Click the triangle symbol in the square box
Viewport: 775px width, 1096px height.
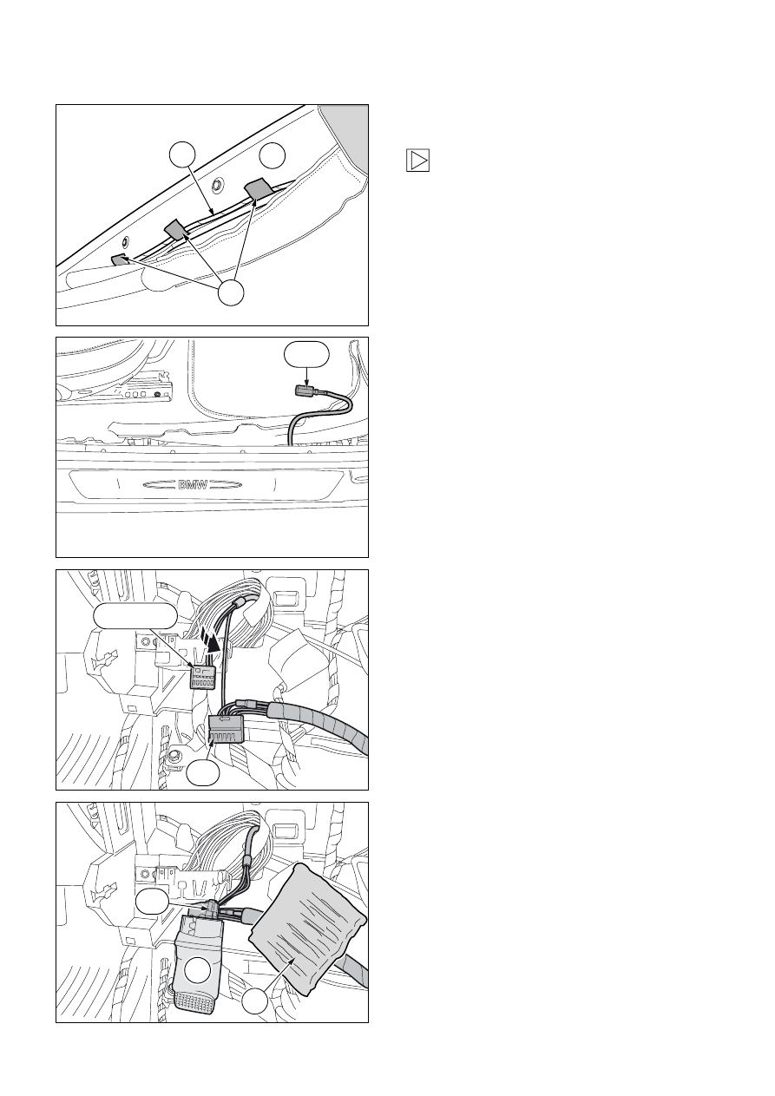pyautogui.click(x=418, y=161)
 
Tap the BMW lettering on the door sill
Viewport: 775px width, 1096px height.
pyautogui.click(x=193, y=485)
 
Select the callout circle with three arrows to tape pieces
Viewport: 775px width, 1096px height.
pyautogui.click(x=231, y=292)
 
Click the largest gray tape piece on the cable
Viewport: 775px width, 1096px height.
pyautogui.click(x=258, y=189)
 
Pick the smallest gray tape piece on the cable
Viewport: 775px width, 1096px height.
pyautogui.click(x=120, y=259)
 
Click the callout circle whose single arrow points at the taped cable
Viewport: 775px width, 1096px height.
pyautogui.click(x=182, y=154)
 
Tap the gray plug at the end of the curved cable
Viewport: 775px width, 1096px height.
pyautogui.click(x=301, y=390)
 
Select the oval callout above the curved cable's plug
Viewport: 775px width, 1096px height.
pyautogui.click(x=306, y=355)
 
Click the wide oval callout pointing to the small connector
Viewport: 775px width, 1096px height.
pyautogui.click(x=135, y=615)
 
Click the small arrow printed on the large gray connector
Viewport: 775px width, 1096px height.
pyautogui.click(x=226, y=719)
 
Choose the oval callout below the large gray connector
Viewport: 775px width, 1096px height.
pyautogui.click(x=203, y=772)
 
